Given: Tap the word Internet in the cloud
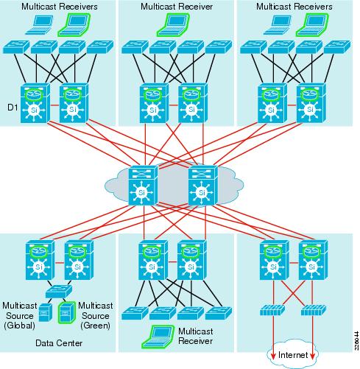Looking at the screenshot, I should [x=294, y=355].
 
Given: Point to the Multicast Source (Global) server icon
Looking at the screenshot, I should [x=45, y=312].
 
